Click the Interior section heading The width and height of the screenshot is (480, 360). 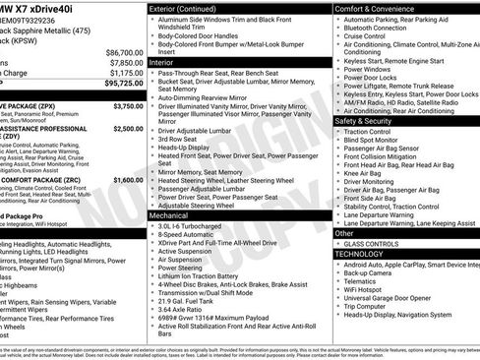(162, 62)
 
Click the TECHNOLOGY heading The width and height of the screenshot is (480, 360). (359, 254)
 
